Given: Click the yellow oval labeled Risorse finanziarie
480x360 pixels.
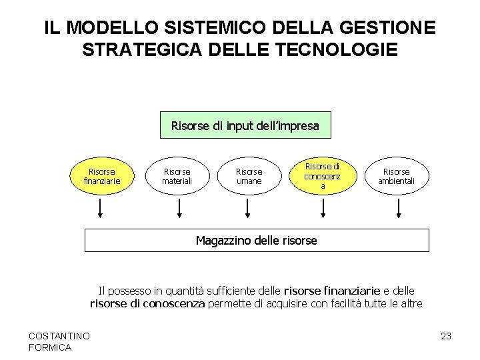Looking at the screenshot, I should tap(101, 176).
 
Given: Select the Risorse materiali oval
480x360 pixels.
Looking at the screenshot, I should tap(177, 176).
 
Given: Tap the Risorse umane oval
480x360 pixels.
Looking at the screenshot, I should tap(249, 176).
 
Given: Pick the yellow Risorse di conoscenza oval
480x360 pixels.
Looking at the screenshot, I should tap(322, 175).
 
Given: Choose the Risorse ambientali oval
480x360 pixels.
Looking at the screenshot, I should tap(397, 176).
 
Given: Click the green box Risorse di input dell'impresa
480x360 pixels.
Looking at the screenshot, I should tap(245, 125).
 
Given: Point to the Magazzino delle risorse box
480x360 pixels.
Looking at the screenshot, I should tap(257, 240).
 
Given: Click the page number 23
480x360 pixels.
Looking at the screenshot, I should tap(446, 336).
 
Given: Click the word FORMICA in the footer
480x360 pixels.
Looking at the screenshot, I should tap(51, 347).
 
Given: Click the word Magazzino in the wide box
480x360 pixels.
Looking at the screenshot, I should tap(223, 240).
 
